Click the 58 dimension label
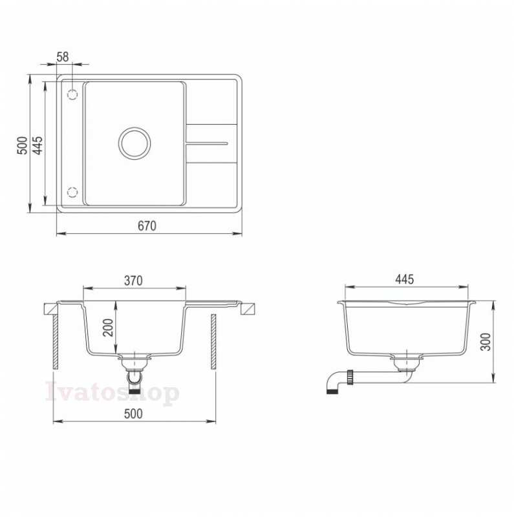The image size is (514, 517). pyautogui.click(x=62, y=57)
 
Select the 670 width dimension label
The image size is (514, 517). pyautogui.click(x=147, y=226)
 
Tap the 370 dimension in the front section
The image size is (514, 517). pyautogui.click(x=133, y=280)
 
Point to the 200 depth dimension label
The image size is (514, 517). pyautogui.click(x=108, y=328)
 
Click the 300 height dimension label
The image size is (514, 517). pyautogui.click(x=486, y=342)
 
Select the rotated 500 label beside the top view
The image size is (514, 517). pyautogui.click(x=22, y=145)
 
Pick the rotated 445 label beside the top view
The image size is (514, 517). pyautogui.click(x=37, y=145)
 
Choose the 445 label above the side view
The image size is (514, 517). pyautogui.click(x=405, y=279)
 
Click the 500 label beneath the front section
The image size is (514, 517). pyautogui.click(x=133, y=414)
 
